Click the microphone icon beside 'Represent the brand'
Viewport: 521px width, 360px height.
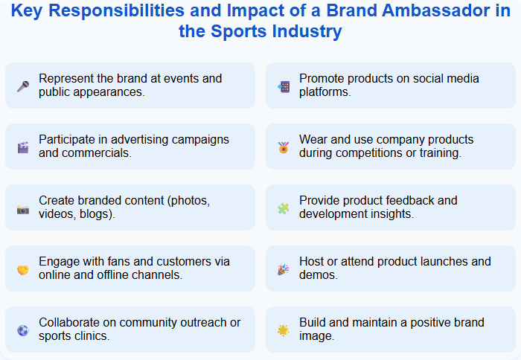[22, 86]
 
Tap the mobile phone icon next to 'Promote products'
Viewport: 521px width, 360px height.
[283, 86]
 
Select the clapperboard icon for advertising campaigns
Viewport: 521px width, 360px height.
[22, 147]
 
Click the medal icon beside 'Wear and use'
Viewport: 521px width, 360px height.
[283, 147]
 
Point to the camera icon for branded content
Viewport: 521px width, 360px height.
[22, 209]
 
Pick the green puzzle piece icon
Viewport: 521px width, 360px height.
[283, 209]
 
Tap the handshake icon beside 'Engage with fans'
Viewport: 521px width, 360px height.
[22, 269]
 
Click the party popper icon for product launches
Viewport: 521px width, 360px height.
[283, 269]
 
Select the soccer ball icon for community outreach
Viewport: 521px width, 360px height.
[22, 330]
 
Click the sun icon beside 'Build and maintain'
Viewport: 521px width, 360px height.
[283, 330]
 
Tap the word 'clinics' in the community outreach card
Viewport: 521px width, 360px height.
[95, 336]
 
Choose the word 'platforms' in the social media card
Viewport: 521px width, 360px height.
[325, 92]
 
